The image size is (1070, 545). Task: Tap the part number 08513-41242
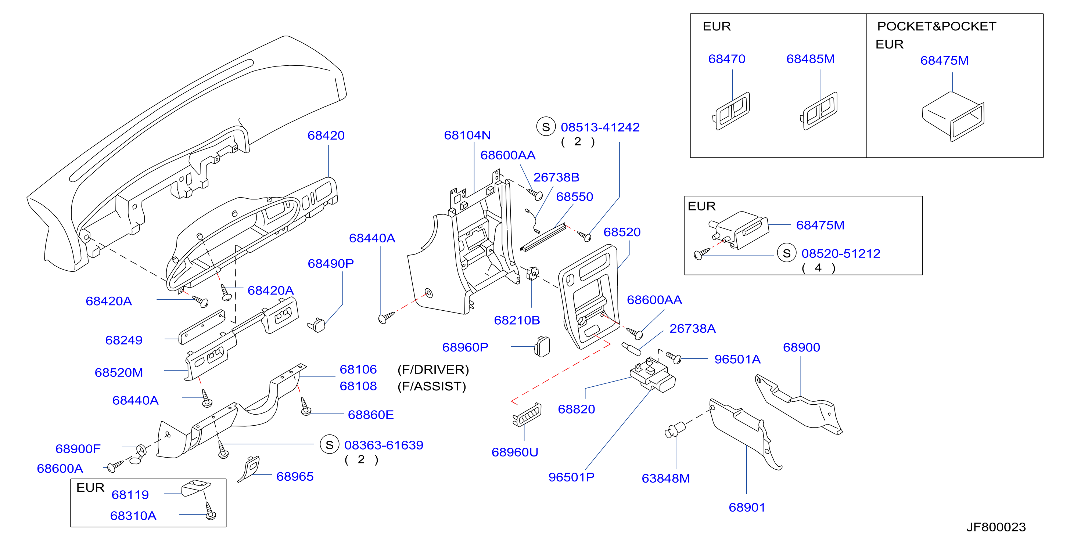pyautogui.click(x=600, y=127)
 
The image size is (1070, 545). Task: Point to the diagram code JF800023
pyautogui.click(x=996, y=527)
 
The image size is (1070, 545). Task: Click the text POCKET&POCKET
pyautogui.click(x=937, y=26)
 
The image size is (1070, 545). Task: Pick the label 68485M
pyautogui.click(x=810, y=59)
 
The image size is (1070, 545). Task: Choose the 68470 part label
pyautogui.click(x=727, y=59)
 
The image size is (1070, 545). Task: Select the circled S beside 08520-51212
pyautogui.click(x=787, y=253)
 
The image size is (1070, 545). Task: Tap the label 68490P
pyautogui.click(x=331, y=264)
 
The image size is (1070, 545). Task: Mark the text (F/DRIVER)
pyautogui.click(x=433, y=369)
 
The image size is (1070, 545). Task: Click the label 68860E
pyautogui.click(x=371, y=415)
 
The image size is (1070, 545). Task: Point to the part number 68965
pyautogui.click(x=295, y=477)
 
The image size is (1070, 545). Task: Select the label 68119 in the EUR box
pyautogui.click(x=130, y=495)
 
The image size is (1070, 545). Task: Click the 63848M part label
pyautogui.click(x=666, y=479)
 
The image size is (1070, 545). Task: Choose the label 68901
pyautogui.click(x=747, y=507)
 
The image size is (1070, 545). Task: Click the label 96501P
pyautogui.click(x=571, y=477)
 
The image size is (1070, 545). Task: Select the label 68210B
pyautogui.click(x=517, y=321)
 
